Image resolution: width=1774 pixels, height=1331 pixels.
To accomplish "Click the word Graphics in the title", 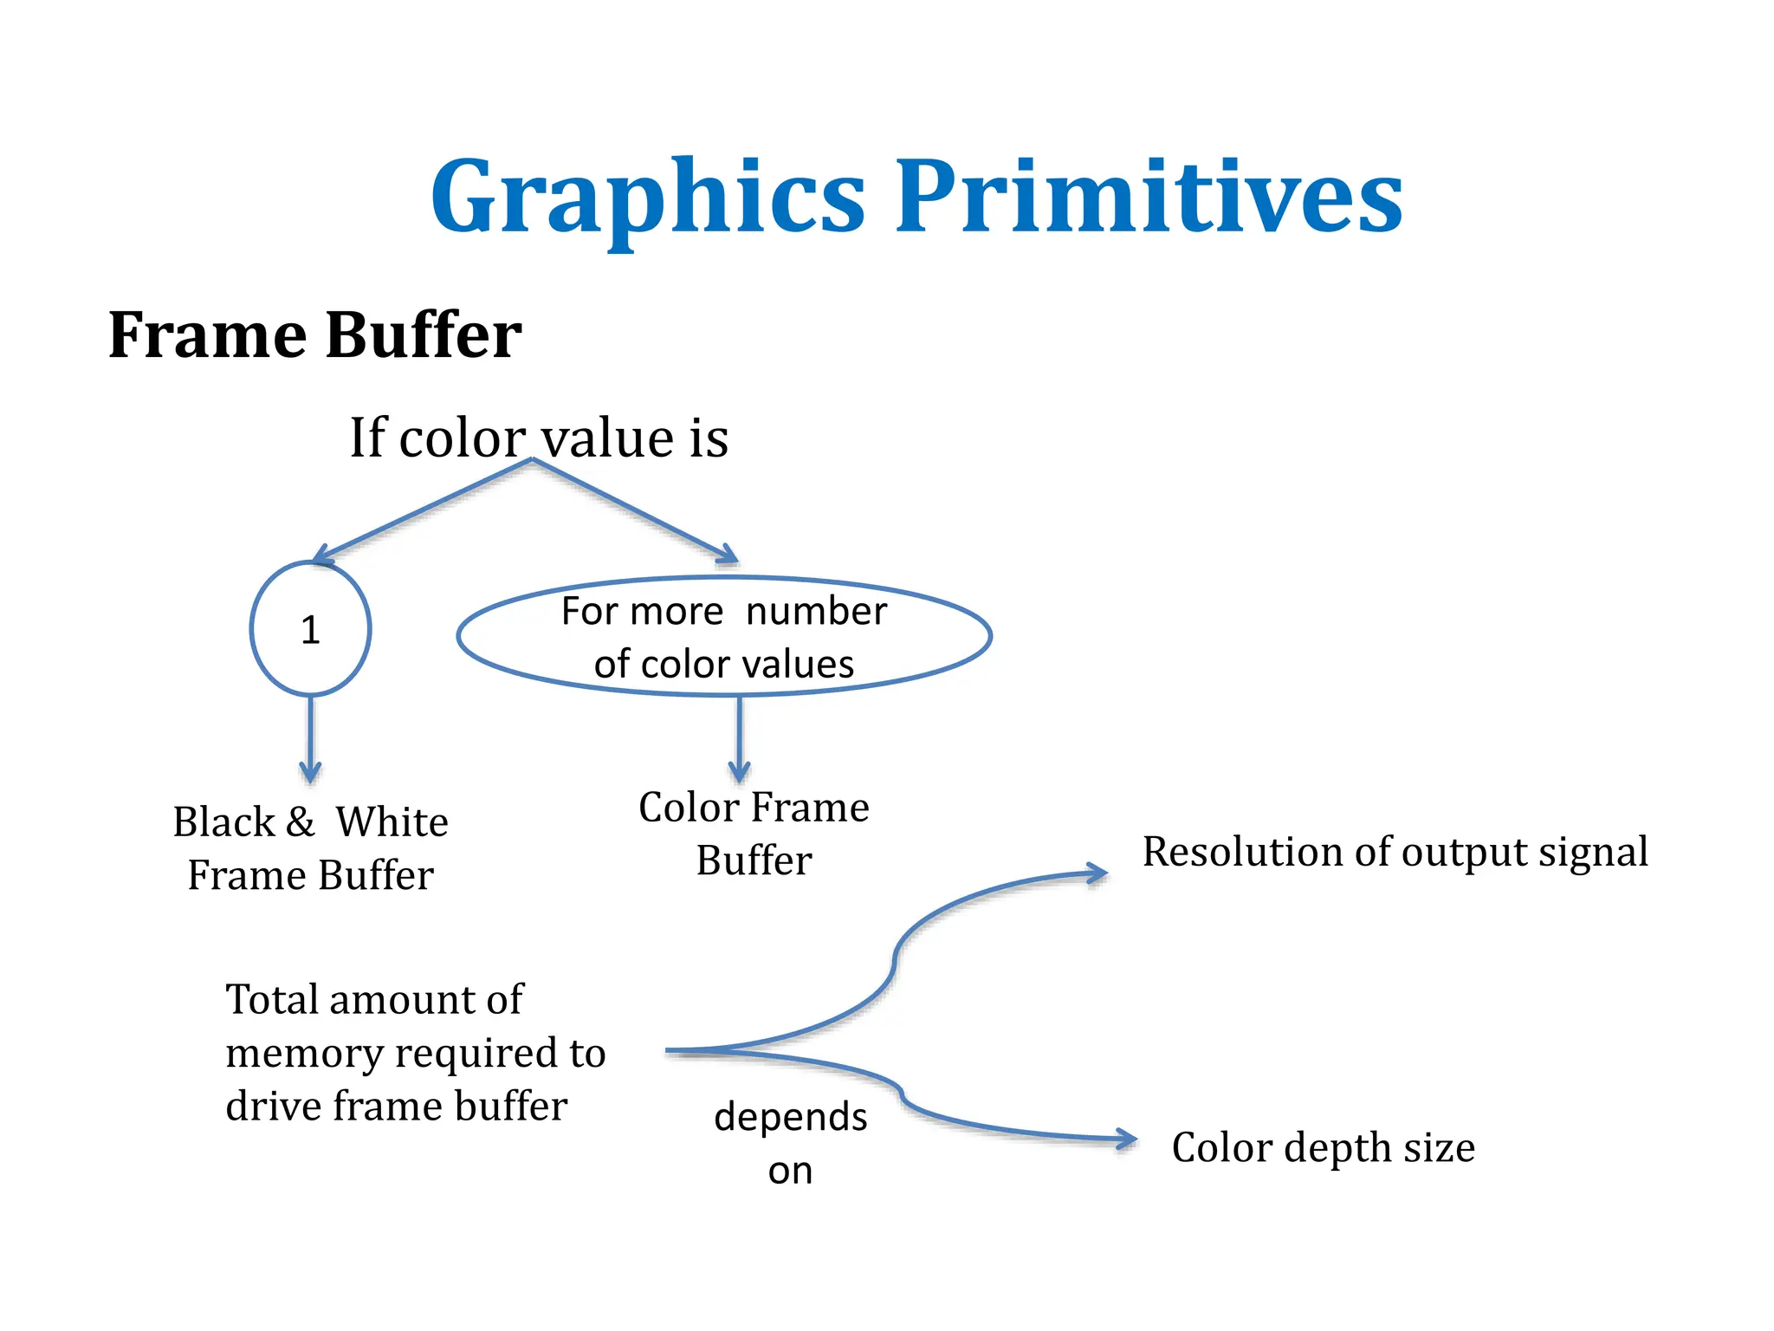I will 648,198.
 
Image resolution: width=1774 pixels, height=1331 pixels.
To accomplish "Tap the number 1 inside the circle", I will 310,630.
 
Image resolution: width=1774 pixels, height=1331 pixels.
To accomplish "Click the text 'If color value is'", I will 538,438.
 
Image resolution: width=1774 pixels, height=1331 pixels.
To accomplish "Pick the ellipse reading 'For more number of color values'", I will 724,637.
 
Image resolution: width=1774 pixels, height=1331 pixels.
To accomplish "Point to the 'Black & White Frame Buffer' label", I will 310,847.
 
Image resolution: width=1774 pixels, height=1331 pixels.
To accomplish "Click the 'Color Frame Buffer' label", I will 754,833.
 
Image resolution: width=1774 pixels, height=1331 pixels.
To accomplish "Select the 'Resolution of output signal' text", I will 1395,852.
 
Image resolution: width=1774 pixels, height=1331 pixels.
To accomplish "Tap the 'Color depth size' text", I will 1323,1147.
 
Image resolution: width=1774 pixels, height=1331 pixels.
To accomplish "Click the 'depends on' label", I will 790,1143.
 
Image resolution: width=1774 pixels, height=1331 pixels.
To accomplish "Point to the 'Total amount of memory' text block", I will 415,1052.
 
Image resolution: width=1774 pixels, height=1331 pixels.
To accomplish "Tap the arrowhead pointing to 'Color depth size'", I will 1127,1139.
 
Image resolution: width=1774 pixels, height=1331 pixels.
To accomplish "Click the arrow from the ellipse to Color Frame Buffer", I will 739,738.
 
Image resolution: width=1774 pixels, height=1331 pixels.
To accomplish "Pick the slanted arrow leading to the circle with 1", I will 424,510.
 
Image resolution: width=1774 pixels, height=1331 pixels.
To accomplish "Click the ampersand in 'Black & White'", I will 301,821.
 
